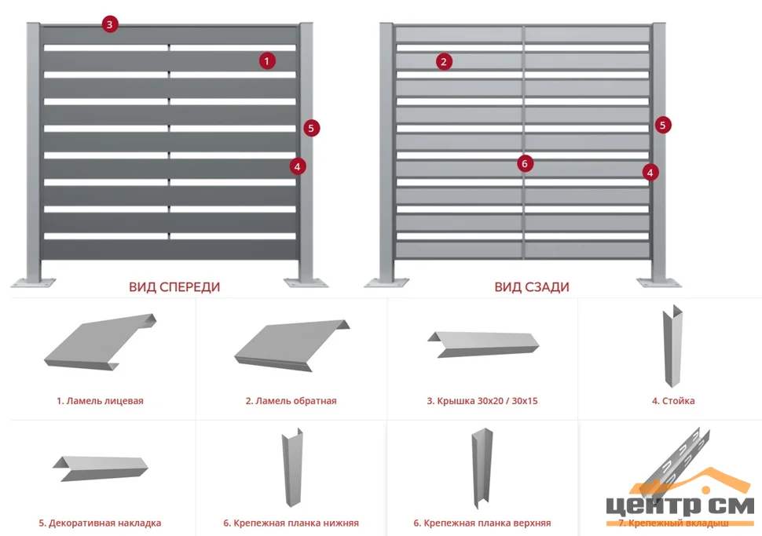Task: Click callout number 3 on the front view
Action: pos(109,24)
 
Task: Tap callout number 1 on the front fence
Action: pos(268,60)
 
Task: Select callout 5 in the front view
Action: pos(311,127)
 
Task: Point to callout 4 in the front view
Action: pos(297,166)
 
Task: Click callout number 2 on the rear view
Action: pos(444,61)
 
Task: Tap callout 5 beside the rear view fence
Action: pos(663,124)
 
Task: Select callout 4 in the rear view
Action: pos(650,172)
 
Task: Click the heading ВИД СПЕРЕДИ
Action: pos(174,287)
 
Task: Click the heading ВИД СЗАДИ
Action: pos(532,287)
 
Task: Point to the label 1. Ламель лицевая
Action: pos(100,401)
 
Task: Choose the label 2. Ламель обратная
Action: pos(291,401)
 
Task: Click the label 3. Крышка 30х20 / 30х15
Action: pos(482,401)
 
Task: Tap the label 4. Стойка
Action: pos(672,401)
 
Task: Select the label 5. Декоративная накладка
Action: pos(100,523)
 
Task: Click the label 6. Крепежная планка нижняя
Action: pos(291,523)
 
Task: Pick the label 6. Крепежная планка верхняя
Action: pos(482,523)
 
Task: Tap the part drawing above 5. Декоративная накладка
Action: pos(100,468)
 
